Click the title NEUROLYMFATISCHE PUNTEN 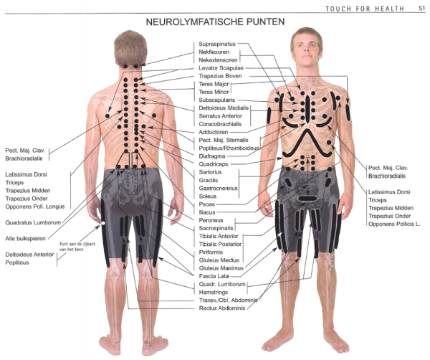tap(215, 22)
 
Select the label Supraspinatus tap(216, 44)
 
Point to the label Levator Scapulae tap(221, 68)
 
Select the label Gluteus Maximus tap(222, 268)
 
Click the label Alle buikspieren tap(27, 237)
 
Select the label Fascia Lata tap(214, 276)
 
